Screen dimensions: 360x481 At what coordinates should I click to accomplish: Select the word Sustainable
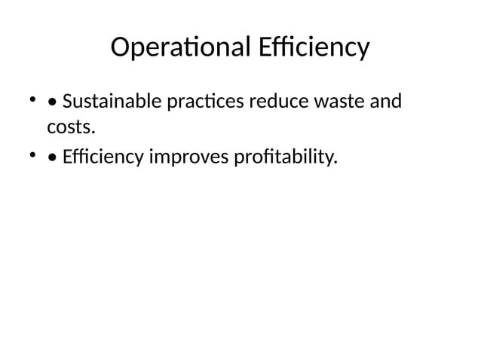pyautogui.click(x=110, y=102)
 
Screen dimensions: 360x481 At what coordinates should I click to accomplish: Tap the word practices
pyautogui.click(x=202, y=102)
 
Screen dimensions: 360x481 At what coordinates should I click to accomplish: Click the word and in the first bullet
pyautogui.click(x=385, y=102)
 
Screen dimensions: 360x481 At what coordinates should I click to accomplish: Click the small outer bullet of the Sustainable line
pyautogui.click(x=33, y=99)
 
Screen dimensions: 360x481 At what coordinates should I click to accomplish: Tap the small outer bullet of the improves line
pyautogui.click(x=33, y=156)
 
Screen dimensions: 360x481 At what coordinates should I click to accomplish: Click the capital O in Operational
pyautogui.click(x=120, y=48)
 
